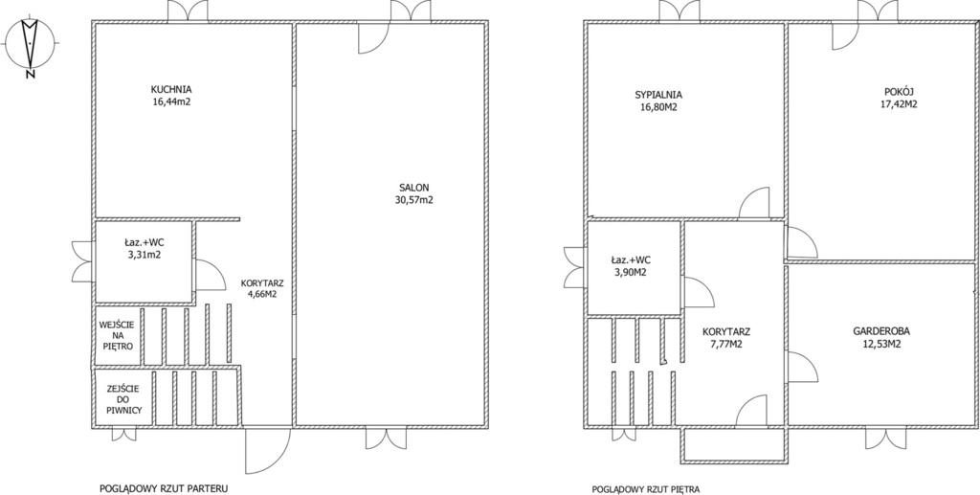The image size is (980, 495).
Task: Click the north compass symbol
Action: pyautogui.click(x=30, y=47)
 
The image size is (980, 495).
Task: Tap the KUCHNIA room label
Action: pyautogui.click(x=171, y=89)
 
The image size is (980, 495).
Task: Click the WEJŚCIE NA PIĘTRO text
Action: pyautogui.click(x=117, y=335)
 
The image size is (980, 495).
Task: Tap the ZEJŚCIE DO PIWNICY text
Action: pyautogui.click(x=122, y=399)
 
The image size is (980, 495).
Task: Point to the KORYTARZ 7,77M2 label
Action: pyautogui.click(x=725, y=337)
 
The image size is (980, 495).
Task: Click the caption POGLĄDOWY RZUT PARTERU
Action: pyautogui.click(x=164, y=488)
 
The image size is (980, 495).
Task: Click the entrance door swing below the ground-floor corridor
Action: pyautogui.click(x=268, y=451)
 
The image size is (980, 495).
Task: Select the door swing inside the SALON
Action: pyautogui.click(x=374, y=38)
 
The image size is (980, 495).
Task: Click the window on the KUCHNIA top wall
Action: pyautogui.click(x=188, y=11)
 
